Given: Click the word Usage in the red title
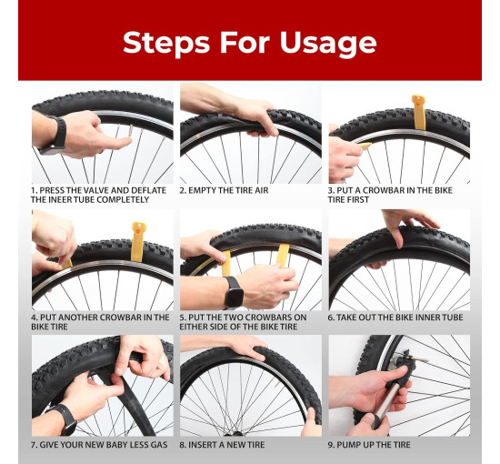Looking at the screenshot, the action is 328,43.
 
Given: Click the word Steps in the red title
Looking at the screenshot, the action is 166,43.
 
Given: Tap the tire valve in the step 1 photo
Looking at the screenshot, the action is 130,131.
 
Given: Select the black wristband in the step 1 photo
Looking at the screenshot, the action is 56,135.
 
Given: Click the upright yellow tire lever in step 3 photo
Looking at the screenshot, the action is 419,112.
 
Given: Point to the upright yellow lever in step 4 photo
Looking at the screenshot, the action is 138,242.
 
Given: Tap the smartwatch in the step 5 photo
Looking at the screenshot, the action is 233,293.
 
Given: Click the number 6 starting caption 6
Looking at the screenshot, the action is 331,318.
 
